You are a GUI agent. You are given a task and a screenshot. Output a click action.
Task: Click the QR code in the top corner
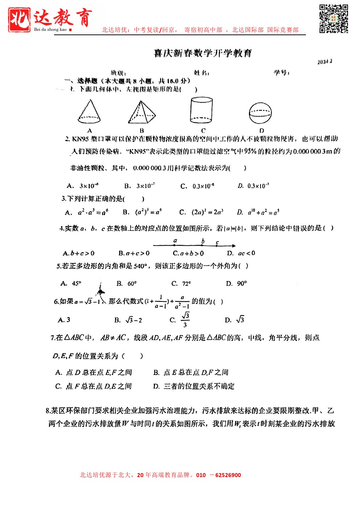coord(334,19)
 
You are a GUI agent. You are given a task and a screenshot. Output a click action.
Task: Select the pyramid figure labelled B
coord(142,112)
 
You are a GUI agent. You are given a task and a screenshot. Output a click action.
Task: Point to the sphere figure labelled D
coord(260,113)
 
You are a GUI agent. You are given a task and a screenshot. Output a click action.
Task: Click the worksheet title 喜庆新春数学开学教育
coord(202,53)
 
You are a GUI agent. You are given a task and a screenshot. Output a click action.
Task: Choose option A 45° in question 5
coord(71,283)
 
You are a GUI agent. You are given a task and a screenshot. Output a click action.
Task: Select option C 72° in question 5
coord(181,283)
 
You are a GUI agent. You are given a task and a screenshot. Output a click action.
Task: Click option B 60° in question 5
coord(127,283)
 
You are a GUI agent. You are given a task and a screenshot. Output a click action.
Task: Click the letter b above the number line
coord(203,241)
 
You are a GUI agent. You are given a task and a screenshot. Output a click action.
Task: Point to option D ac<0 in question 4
coord(241,253)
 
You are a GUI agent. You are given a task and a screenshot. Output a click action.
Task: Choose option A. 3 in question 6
coord(64,320)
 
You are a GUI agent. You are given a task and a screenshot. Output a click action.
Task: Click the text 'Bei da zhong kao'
coord(50,29)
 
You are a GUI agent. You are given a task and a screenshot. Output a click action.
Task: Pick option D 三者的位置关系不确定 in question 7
coord(194,386)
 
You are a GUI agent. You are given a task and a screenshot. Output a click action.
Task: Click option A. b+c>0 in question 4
coord(79,253)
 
